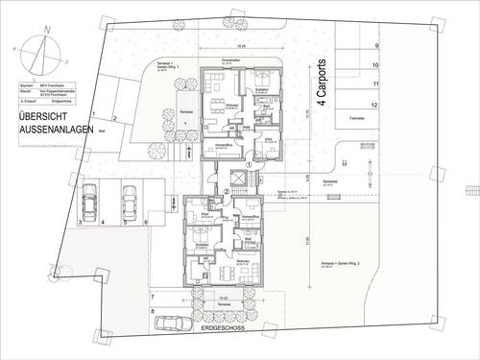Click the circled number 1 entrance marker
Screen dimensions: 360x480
pos(249,165)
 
